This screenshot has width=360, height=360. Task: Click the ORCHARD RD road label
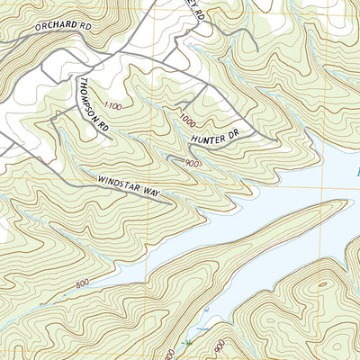64,27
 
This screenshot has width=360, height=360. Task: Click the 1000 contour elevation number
186,119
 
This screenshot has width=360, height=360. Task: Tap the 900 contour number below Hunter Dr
190,163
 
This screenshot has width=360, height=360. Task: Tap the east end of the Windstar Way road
167,201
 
